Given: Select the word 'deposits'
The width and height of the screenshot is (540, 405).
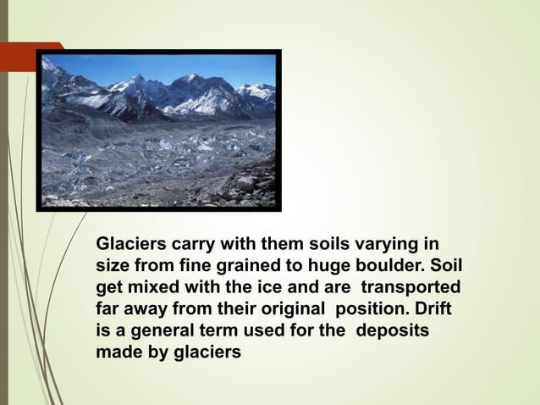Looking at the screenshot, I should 393,327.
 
